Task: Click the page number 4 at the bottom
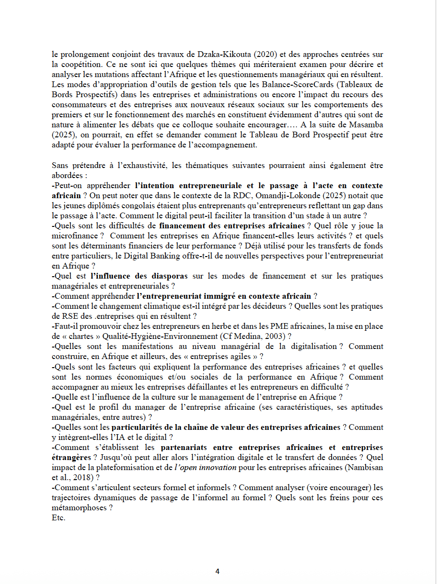(217, 571)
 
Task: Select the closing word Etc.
(58, 518)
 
